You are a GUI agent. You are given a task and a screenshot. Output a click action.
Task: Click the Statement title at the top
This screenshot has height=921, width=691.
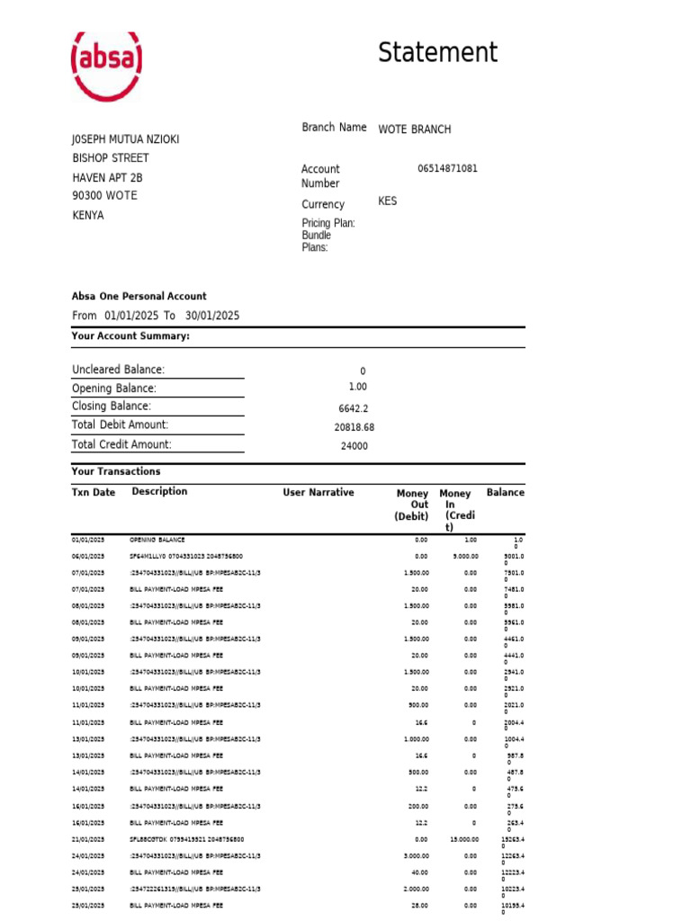[x=437, y=53]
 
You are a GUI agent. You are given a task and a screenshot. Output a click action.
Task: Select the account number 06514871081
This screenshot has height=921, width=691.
[x=447, y=169]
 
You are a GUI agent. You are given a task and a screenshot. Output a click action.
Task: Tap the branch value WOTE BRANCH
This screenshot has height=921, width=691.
[x=415, y=130]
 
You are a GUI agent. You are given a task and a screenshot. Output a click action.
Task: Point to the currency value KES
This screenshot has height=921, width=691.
[x=387, y=201]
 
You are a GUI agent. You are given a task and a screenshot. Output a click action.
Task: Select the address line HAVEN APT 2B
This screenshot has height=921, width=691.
[x=108, y=177]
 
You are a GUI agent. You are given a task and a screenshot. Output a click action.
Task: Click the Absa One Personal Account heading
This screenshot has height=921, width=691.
[x=139, y=296]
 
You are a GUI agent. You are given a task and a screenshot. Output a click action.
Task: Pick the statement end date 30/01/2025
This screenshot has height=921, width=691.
[x=212, y=316]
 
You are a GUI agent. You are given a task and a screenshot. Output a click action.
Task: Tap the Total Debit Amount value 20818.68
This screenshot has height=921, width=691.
[x=354, y=427]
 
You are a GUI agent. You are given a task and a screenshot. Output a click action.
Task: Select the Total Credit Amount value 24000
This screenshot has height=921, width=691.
[x=354, y=446]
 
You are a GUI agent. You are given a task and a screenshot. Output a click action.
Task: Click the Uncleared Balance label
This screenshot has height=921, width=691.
[x=118, y=370]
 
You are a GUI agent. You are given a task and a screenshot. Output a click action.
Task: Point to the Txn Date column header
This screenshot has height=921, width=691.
[x=94, y=493]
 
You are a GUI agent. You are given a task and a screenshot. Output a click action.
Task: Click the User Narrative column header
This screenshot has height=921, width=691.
[x=319, y=493]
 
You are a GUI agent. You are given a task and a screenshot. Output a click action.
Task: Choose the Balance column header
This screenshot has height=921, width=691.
[x=505, y=493]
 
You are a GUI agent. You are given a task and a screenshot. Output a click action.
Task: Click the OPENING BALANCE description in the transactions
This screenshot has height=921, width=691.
[x=157, y=540]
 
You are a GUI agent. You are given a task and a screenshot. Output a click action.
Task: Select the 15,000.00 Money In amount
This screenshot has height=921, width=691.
[x=465, y=839]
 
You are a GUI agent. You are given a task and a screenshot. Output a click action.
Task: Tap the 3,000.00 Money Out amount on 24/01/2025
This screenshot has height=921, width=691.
[x=416, y=856]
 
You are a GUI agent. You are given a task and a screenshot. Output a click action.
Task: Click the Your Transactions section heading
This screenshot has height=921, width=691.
[x=116, y=471]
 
